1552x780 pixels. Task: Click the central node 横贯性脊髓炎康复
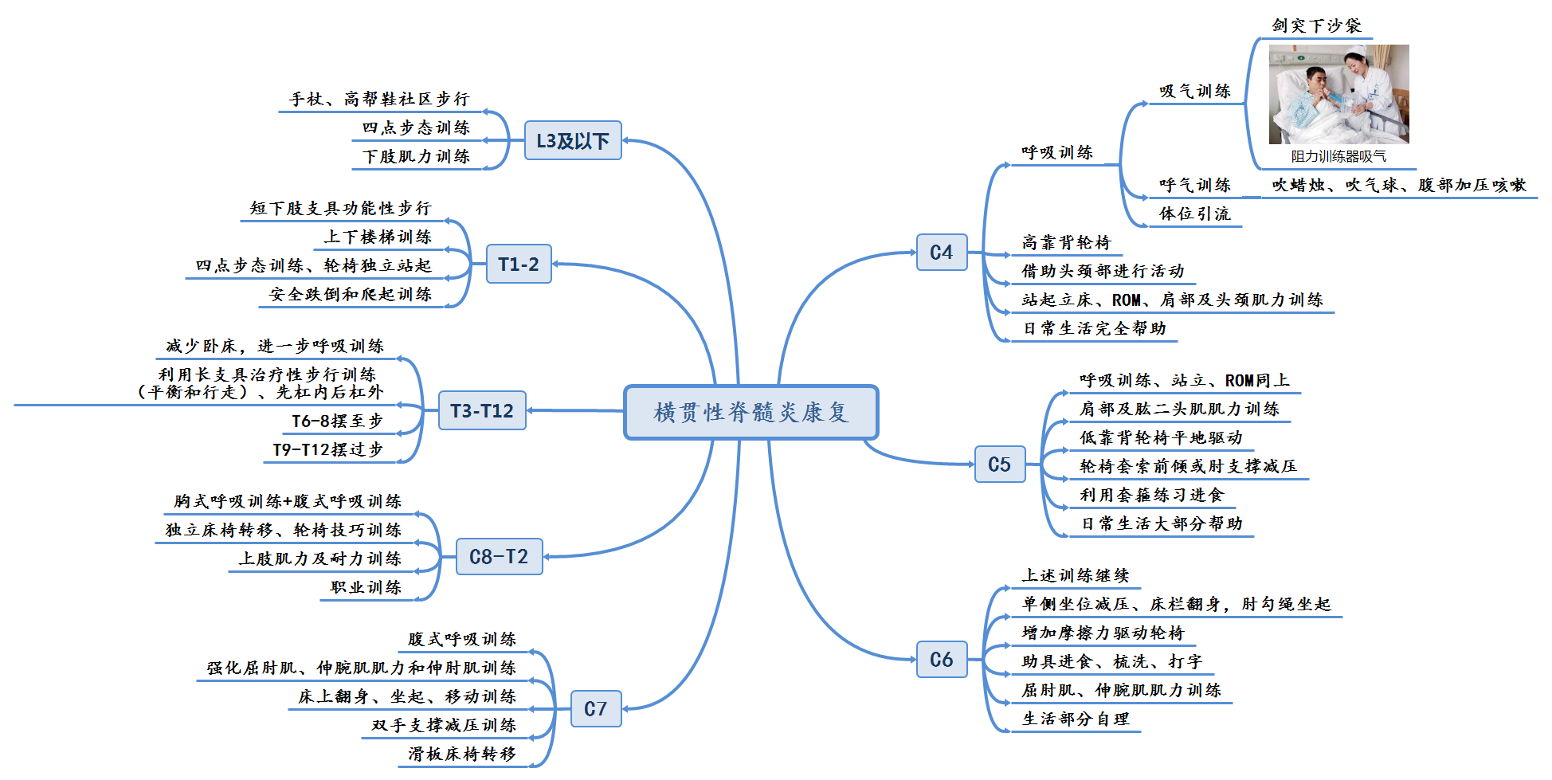click(751, 412)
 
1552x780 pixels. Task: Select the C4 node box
click(941, 253)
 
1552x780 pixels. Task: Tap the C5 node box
click(999, 464)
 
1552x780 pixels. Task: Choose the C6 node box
click(941, 660)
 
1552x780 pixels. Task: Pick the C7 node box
click(595, 709)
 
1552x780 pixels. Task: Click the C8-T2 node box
click(499, 556)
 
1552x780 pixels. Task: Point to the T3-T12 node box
click(481, 410)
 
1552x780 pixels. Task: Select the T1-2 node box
click(518, 264)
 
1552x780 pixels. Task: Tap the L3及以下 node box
click(572, 141)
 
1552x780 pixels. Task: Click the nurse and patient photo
click(1338, 94)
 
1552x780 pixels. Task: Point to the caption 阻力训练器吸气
click(1338, 157)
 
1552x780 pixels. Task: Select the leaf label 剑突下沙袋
click(1316, 25)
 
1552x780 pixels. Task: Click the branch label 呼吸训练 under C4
click(1057, 152)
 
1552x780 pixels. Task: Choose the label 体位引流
click(1194, 214)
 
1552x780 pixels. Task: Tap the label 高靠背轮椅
click(1066, 242)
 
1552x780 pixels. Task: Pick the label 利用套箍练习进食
click(1151, 495)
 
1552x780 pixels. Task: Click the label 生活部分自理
click(1076, 719)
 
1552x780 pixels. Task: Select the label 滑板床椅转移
click(462, 754)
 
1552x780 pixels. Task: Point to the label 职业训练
click(366, 587)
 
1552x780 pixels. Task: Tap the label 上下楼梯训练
click(378, 237)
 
